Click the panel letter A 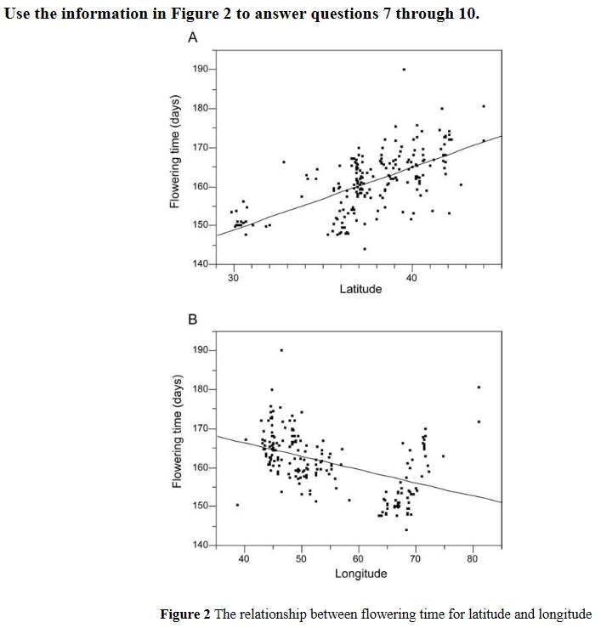coord(193,38)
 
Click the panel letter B coord(192,320)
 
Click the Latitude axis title coord(360,289)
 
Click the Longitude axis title coord(360,573)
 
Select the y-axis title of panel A coord(173,161)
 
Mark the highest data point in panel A coord(404,69)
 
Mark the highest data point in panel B coord(281,350)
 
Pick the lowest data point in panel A coord(365,249)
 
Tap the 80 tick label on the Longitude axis coord(473,558)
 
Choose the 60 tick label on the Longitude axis coord(358,558)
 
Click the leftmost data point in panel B coord(237,505)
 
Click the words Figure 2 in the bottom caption coord(185,614)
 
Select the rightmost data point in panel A coord(484,106)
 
